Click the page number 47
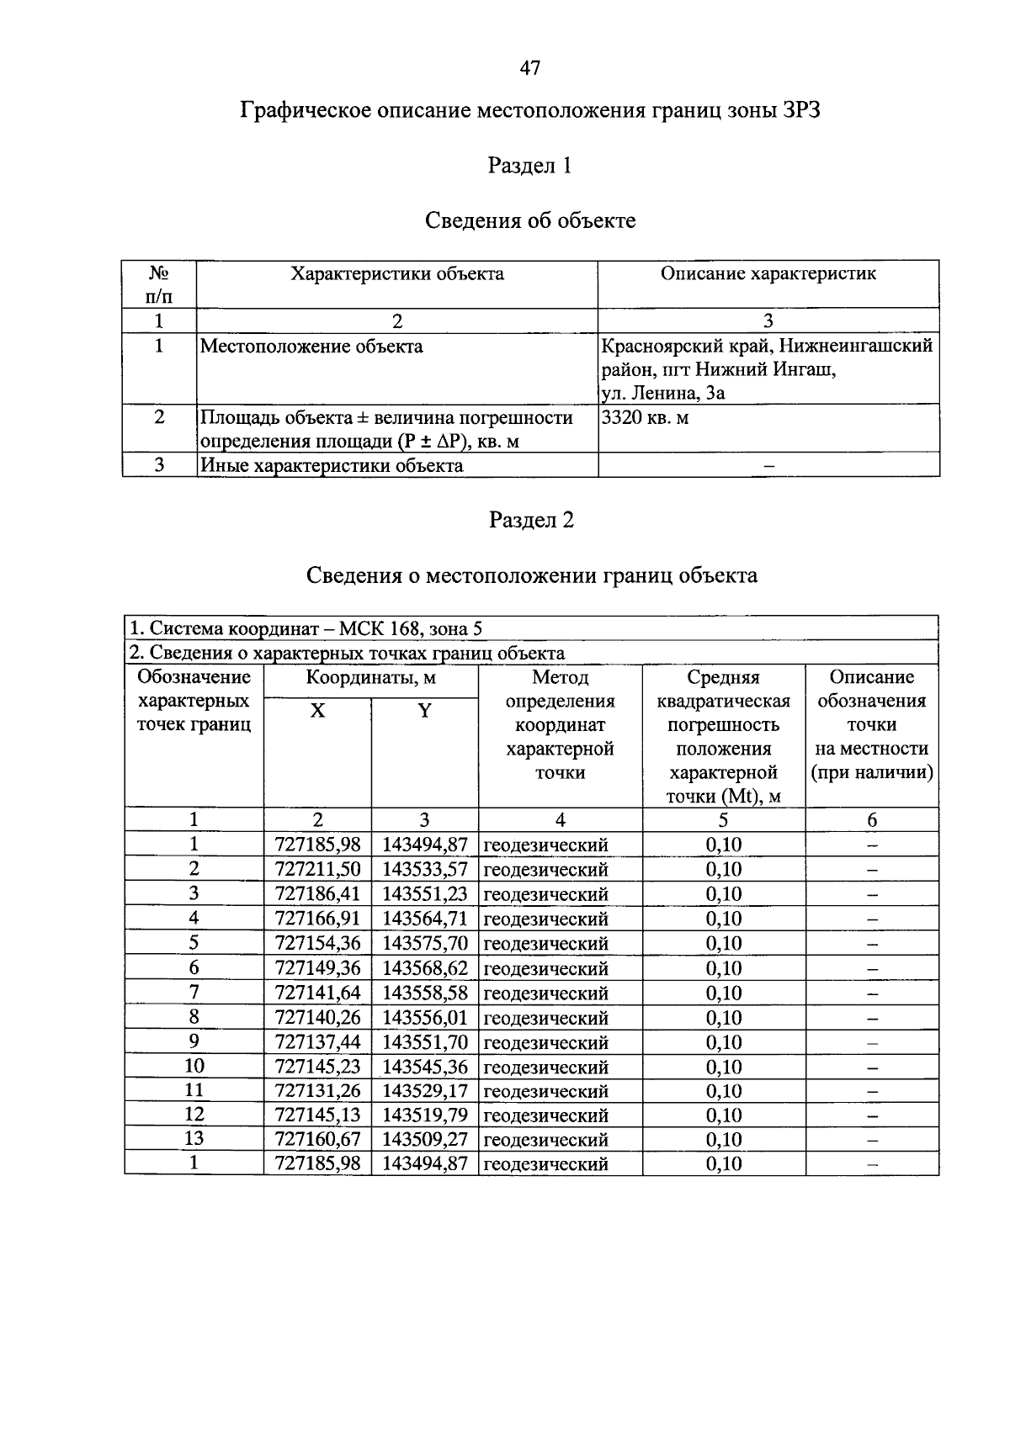[x=529, y=68]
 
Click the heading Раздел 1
[x=530, y=166]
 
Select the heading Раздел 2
[x=531, y=520]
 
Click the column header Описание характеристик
[x=768, y=273]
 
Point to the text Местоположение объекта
[x=311, y=347]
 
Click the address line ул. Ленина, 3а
[x=663, y=393]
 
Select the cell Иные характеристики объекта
[x=331, y=465]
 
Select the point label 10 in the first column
[x=194, y=1066]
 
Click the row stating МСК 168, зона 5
[x=306, y=628]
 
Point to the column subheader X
[x=317, y=712]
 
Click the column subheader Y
[x=425, y=712]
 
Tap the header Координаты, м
[x=370, y=678]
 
